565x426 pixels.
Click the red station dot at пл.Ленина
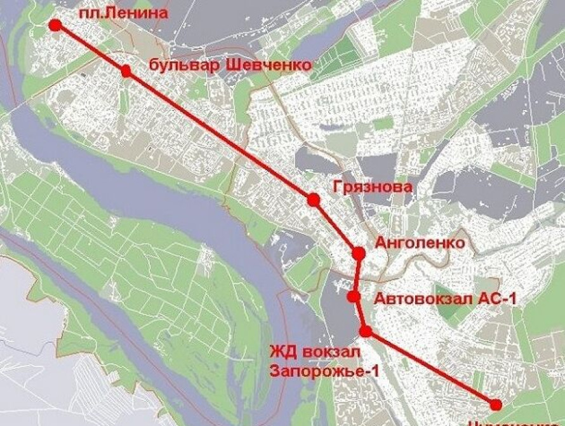(55, 25)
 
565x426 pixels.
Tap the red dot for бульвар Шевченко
(126, 71)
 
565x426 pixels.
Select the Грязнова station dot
(313, 200)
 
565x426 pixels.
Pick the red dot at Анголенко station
(359, 254)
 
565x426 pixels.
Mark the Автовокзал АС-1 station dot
(354, 296)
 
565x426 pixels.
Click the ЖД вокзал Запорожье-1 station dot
(365, 331)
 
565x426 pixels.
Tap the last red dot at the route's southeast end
(496, 404)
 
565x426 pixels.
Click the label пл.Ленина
(124, 13)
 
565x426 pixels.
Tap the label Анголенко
(420, 242)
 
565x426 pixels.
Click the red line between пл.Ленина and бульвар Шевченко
(90, 48)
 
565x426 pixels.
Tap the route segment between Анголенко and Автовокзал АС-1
(357, 275)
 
